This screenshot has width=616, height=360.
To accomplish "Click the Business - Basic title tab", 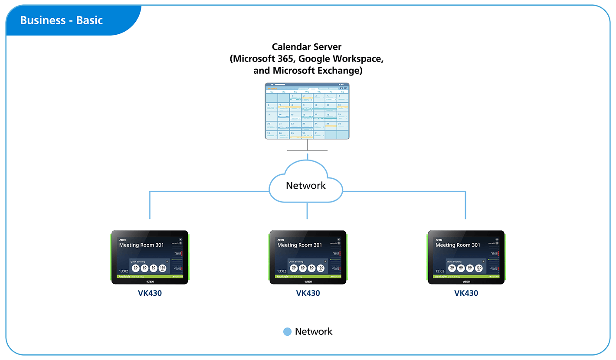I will pos(62,20).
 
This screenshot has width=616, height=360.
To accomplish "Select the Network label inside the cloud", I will pos(306,186).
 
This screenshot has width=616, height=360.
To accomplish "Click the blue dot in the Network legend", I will pos(287,332).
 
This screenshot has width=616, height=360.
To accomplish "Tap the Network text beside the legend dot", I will pos(314,332).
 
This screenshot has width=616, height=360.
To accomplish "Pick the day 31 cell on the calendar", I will pos(319,135).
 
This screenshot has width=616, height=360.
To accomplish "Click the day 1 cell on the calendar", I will pos(295,98).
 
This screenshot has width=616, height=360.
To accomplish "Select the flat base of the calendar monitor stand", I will pos(307,151).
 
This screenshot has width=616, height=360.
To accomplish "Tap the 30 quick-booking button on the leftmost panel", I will pos(136,268).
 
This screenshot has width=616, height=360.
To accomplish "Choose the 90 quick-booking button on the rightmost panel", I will pos(470,268).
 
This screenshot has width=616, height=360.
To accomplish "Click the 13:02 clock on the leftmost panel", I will pos(123,272).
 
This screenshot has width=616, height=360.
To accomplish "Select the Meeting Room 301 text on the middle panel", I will pos(300,245).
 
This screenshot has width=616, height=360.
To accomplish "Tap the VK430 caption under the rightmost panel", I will pos(466,293).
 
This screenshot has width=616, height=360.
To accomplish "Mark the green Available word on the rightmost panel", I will pos(441,276).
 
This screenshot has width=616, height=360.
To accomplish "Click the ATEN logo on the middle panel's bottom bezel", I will pos(308,281).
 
